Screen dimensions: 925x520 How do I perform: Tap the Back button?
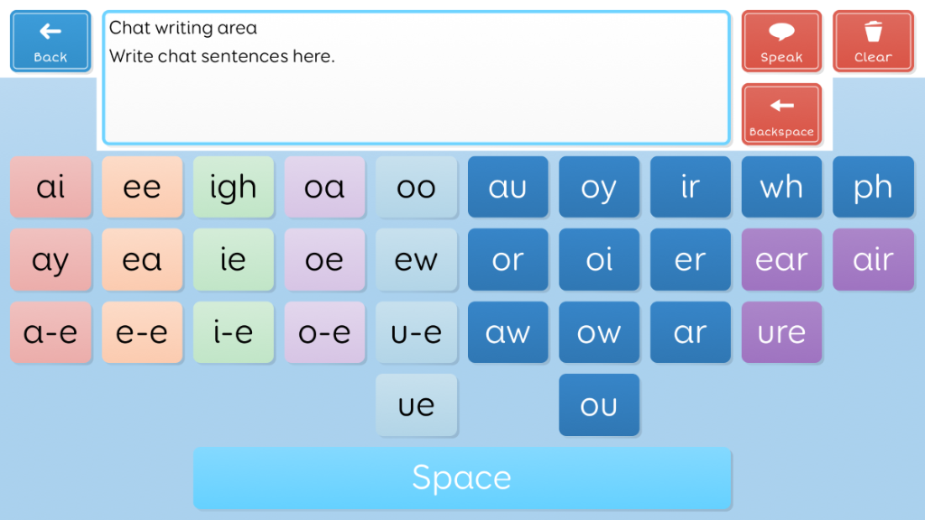click(51, 42)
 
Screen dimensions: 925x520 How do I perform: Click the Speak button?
click(781, 42)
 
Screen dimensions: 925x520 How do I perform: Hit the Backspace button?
click(781, 115)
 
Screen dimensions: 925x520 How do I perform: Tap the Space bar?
click(462, 478)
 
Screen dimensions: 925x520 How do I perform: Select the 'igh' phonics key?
click(233, 187)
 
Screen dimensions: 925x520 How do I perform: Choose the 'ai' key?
click(51, 187)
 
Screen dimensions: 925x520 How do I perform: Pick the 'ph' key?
click(874, 187)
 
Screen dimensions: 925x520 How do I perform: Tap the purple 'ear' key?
click(781, 259)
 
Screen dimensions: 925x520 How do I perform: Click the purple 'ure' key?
click(781, 332)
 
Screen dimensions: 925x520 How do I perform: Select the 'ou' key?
click(599, 405)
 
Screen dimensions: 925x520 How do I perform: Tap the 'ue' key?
click(416, 405)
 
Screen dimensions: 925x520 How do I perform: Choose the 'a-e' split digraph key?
click(51, 332)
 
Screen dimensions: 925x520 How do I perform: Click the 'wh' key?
click(781, 187)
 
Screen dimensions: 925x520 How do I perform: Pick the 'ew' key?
click(416, 259)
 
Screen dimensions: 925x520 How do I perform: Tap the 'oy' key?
click(599, 187)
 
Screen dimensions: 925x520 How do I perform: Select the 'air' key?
click(874, 259)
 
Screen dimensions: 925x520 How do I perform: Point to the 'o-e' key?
click(324, 332)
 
